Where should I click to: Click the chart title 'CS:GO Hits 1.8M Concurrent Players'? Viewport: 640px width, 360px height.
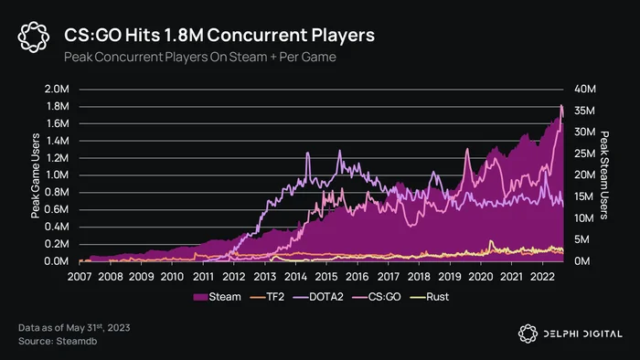[219, 35]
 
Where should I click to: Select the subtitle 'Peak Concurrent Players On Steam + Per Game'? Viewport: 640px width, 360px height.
[200, 57]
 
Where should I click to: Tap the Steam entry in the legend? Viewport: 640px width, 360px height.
[218, 297]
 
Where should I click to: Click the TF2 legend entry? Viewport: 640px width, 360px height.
[267, 297]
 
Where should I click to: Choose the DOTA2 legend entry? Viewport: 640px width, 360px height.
[318, 297]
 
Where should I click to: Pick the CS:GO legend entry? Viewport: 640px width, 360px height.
[377, 297]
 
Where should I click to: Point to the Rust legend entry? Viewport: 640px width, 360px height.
[430, 297]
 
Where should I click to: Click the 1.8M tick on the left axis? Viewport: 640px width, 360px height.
[58, 106]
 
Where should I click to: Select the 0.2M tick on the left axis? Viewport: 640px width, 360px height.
[57, 244]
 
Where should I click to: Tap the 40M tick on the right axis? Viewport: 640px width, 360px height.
[585, 90]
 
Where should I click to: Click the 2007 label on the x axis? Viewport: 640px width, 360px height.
[80, 277]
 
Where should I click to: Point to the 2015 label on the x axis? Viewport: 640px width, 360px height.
[326, 277]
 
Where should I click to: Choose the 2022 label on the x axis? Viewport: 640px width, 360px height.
[542, 277]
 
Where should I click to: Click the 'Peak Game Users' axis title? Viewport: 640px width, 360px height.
[36, 175]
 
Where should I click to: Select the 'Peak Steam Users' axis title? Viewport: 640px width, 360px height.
[604, 175]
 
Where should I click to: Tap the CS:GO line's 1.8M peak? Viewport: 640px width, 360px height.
[561, 105]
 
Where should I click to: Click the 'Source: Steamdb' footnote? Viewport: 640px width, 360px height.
[58, 341]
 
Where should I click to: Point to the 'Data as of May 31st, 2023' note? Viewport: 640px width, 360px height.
[74, 328]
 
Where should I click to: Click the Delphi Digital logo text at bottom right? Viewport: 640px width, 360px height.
[583, 334]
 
